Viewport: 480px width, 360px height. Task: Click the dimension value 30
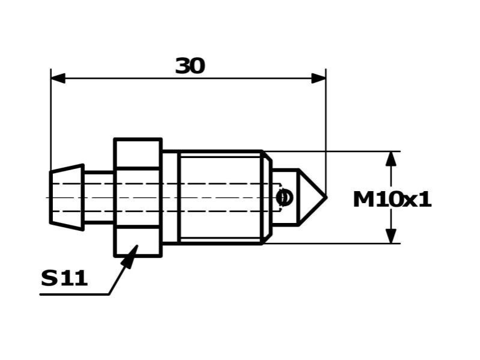[190, 66]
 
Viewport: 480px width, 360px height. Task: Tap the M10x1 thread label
[392, 200]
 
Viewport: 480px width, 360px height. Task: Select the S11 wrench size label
[64, 278]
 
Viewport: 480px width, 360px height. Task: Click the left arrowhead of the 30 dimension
[58, 78]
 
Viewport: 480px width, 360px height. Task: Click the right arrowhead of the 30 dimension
[318, 78]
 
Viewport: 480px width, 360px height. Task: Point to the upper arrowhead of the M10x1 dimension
[391, 159]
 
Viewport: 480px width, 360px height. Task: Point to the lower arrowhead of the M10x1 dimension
[391, 236]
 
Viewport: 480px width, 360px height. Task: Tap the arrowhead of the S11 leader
[130, 257]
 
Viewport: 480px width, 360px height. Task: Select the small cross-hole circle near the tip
[284, 198]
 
